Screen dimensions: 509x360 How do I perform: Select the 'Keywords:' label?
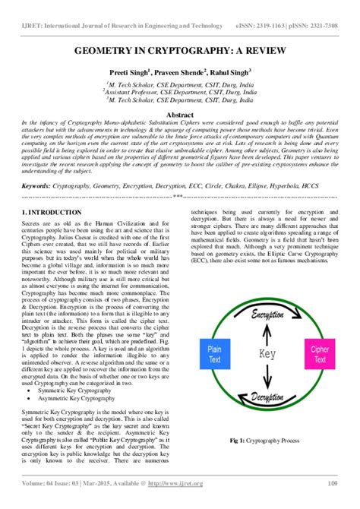coord(41,184)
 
